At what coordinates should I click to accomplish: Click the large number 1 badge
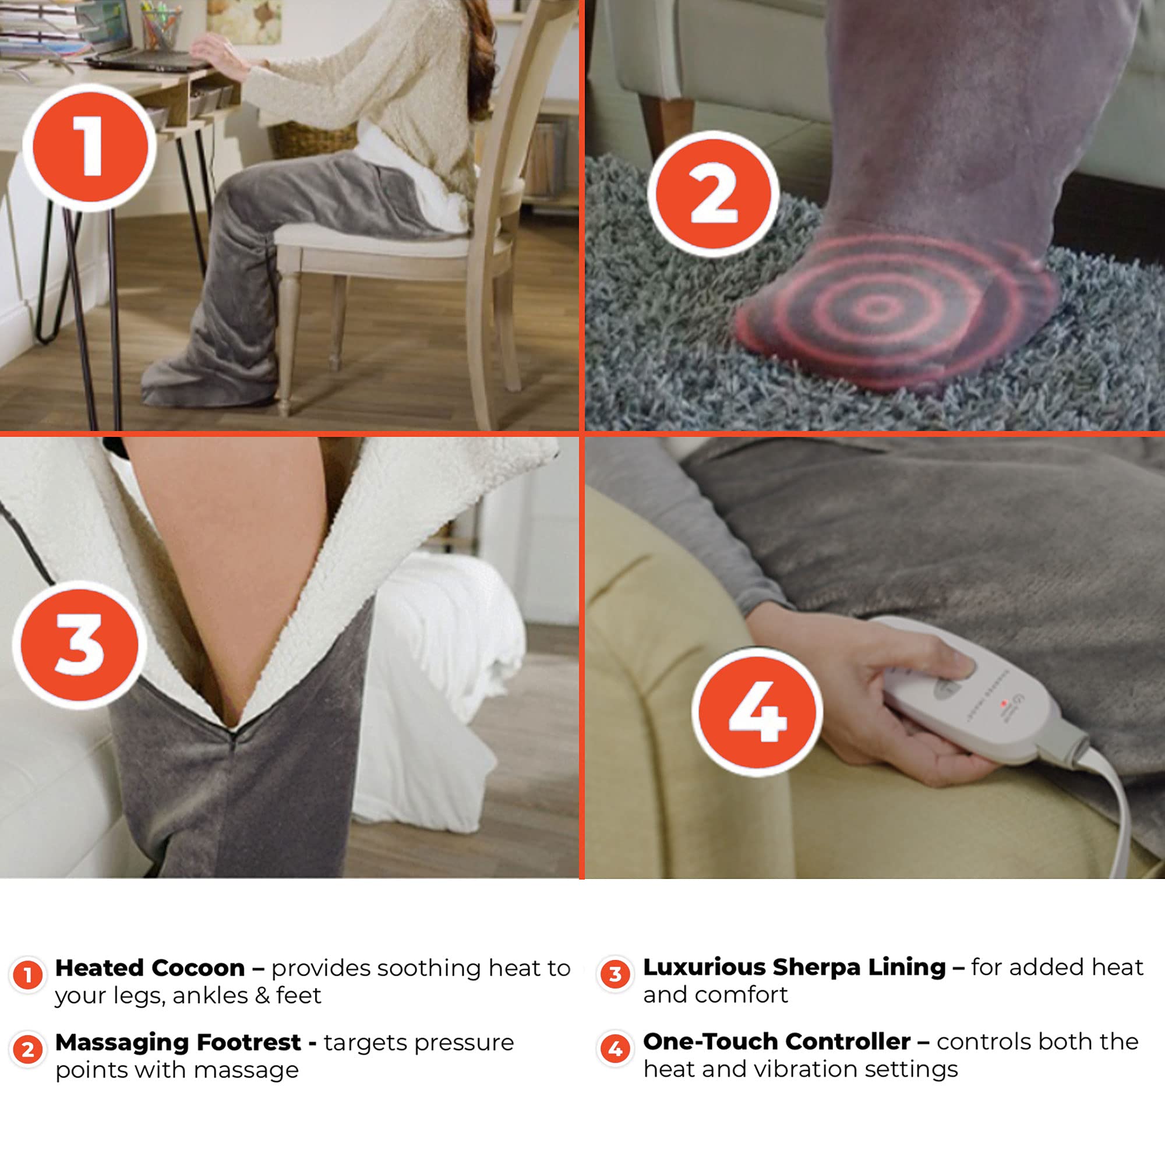tap(90, 147)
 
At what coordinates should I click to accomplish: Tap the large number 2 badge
tap(714, 195)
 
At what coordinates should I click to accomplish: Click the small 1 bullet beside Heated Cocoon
tap(27, 975)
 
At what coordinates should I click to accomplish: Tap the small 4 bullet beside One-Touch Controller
tap(615, 1049)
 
